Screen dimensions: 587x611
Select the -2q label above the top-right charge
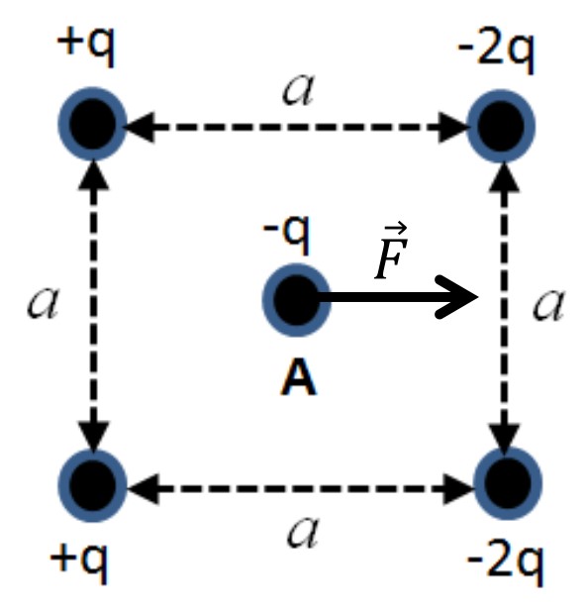pos(497,53)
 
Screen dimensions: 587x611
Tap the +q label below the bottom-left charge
pos(79,563)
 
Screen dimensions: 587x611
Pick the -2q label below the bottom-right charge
pos(505,566)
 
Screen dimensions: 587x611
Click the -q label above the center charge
pos(287,235)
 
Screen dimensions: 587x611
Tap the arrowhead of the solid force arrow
pos(456,297)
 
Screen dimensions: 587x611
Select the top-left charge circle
pos(92,124)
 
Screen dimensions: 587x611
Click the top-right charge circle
pos(501,127)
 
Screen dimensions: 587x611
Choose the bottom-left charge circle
pos(92,485)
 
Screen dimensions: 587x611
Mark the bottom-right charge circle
pos(507,483)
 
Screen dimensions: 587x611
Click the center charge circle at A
pos(296,300)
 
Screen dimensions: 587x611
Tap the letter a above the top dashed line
pos(298,90)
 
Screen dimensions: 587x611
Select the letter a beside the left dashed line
pos(43,303)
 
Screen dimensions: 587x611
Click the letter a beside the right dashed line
pos(548,305)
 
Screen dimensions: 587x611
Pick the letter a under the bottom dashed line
pos(303,532)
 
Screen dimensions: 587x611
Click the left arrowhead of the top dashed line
pos(141,127)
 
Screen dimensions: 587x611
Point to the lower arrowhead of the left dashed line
pos(93,438)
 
